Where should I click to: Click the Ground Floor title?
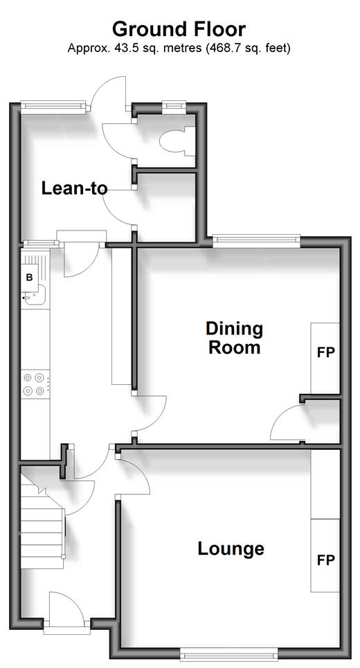[179, 29]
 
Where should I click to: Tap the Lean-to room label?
[74, 188]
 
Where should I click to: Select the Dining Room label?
[234, 338]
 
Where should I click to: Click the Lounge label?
[231, 548]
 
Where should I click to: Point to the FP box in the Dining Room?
[325, 359]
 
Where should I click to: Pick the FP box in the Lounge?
[325, 556]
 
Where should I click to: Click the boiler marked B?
[29, 278]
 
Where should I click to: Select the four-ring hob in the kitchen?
[35, 384]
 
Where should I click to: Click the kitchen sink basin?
[35, 295]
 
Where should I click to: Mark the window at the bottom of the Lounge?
[228, 654]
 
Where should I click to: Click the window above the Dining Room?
[256, 241]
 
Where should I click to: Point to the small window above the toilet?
[174, 107]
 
